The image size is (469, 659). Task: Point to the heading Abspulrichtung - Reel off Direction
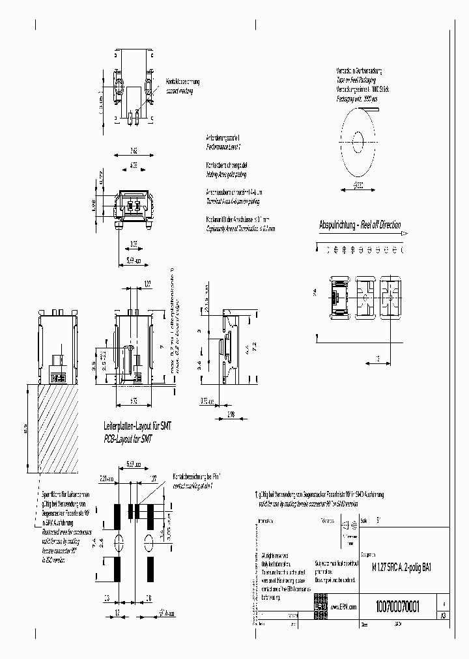pos(360,225)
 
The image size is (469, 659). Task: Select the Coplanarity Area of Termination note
pos(240,229)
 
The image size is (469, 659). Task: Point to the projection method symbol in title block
pos(347,526)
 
